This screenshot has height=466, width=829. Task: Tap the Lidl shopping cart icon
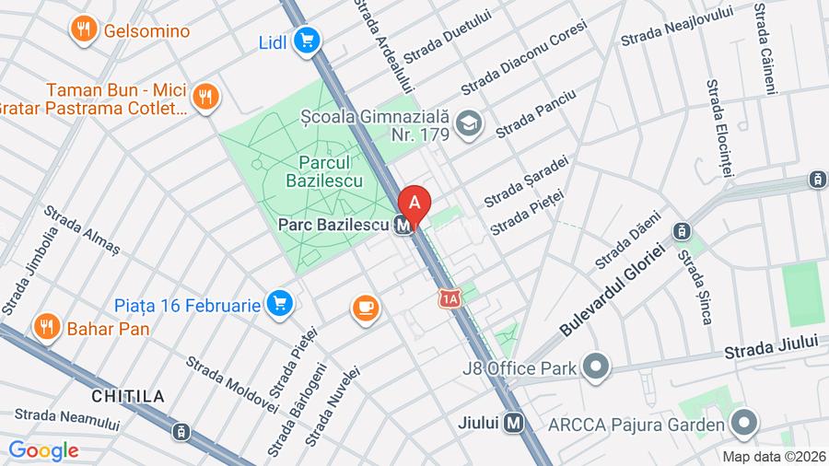[308, 41]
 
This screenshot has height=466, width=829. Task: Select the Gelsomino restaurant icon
[84, 30]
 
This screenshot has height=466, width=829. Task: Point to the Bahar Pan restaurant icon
[45, 326]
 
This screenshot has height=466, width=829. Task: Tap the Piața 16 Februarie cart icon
[279, 302]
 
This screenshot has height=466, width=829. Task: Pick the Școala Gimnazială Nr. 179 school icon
[470, 122]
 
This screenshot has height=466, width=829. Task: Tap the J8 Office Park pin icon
[597, 368]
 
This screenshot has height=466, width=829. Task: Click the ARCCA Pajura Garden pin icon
[743, 424]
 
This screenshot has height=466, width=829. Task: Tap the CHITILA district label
[128, 396]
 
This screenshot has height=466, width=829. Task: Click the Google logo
[43, 450]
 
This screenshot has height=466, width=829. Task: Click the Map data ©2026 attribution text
[773, 456]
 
